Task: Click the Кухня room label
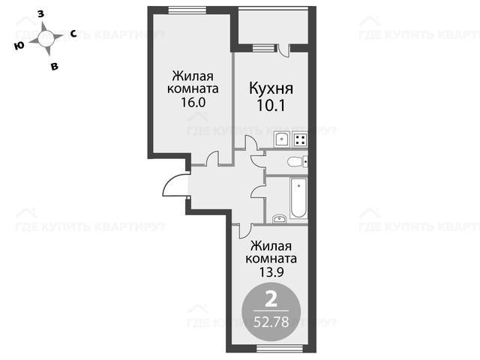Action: (271, 88)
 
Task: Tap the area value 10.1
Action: (271, 106)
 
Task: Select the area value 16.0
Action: (193, 102)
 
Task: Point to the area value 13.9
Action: (271, 271)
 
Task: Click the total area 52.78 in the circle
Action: (271, 322)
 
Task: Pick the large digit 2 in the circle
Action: (271, 299)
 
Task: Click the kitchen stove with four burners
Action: (300, 139)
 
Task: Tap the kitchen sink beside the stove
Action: (282, 139)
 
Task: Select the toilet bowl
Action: (298, 162)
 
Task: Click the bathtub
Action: (298, 198)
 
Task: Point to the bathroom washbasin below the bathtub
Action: (280, 218)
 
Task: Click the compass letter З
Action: (40, 13)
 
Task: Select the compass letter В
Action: (55, 66)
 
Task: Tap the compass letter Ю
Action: (19, 46)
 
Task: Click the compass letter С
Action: (73, 34)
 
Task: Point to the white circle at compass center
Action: (46, 39)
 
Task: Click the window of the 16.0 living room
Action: (187, 10)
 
